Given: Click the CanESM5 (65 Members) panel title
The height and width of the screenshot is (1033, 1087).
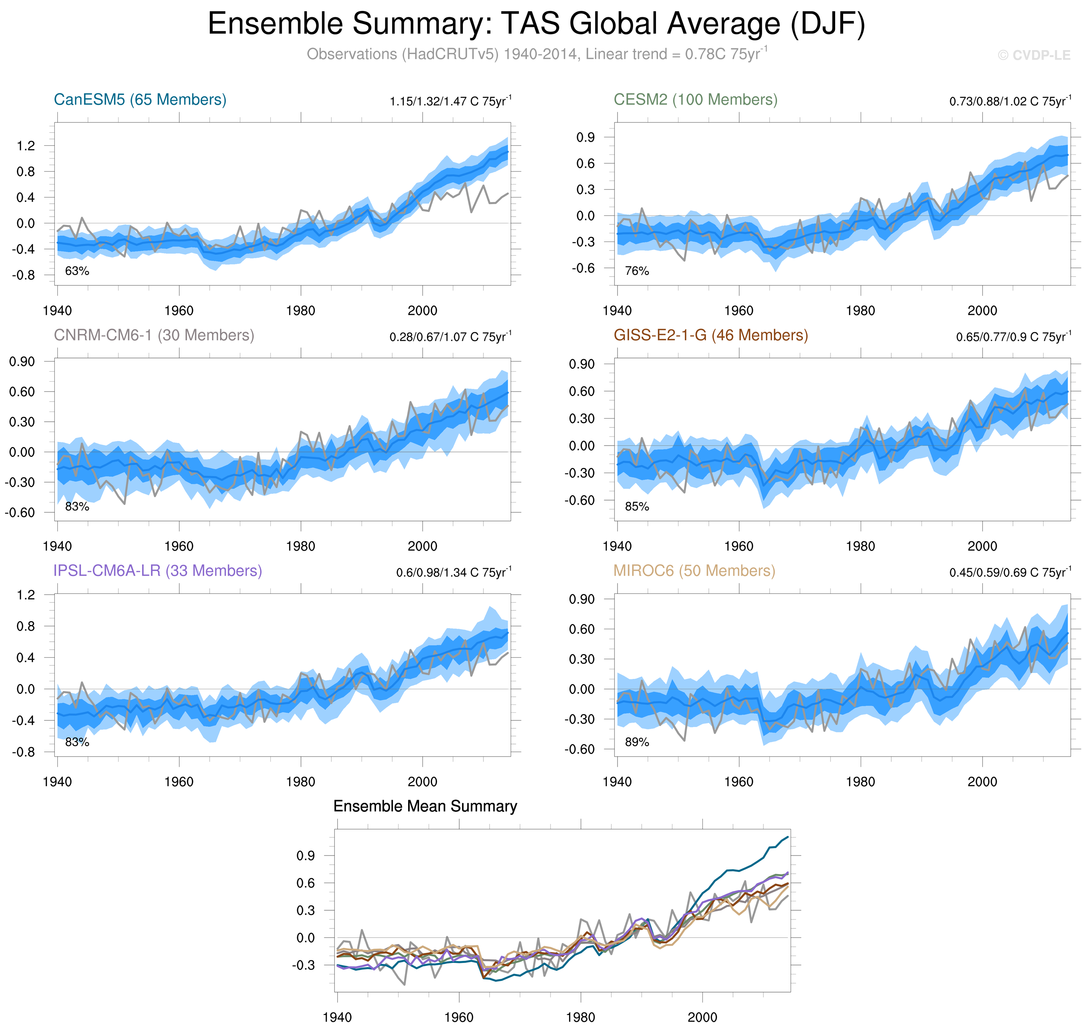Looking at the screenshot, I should pos(140,100).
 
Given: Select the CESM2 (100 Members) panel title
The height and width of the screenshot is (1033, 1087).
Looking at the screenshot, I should pos(695,100).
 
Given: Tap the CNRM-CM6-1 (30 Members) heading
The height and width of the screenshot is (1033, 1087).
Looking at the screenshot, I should pos(154,335).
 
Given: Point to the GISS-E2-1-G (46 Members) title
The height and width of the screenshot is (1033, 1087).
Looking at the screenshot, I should pos(710,335).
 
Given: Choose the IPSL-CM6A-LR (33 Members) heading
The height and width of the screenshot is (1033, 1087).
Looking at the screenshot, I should pos(158,571).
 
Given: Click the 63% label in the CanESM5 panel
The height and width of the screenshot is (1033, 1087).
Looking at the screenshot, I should pos(77,271).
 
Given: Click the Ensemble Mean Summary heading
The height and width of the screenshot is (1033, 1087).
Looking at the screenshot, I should pos(425,807).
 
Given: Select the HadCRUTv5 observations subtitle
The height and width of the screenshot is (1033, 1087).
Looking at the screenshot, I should pos(537,54).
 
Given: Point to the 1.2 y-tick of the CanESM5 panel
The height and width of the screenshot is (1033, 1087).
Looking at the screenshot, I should pos(26,146).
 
